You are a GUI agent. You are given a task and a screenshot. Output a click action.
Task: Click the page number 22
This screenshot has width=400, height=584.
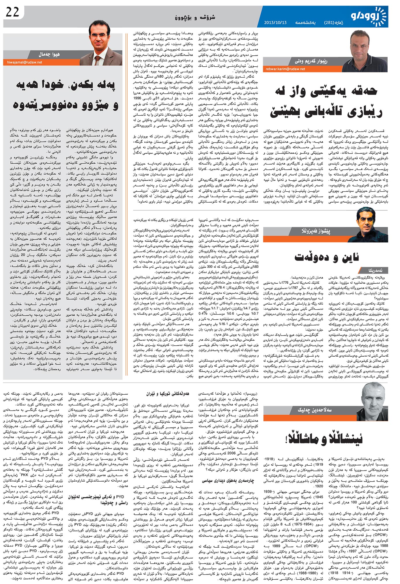pyautogui.click(x=12, y=12)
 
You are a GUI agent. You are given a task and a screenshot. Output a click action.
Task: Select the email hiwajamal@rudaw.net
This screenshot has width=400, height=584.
pyautogui.click(x=25, y=62)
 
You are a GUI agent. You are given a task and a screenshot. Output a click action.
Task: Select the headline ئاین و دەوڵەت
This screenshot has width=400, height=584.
pyautogui.click(x=326, y=257)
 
